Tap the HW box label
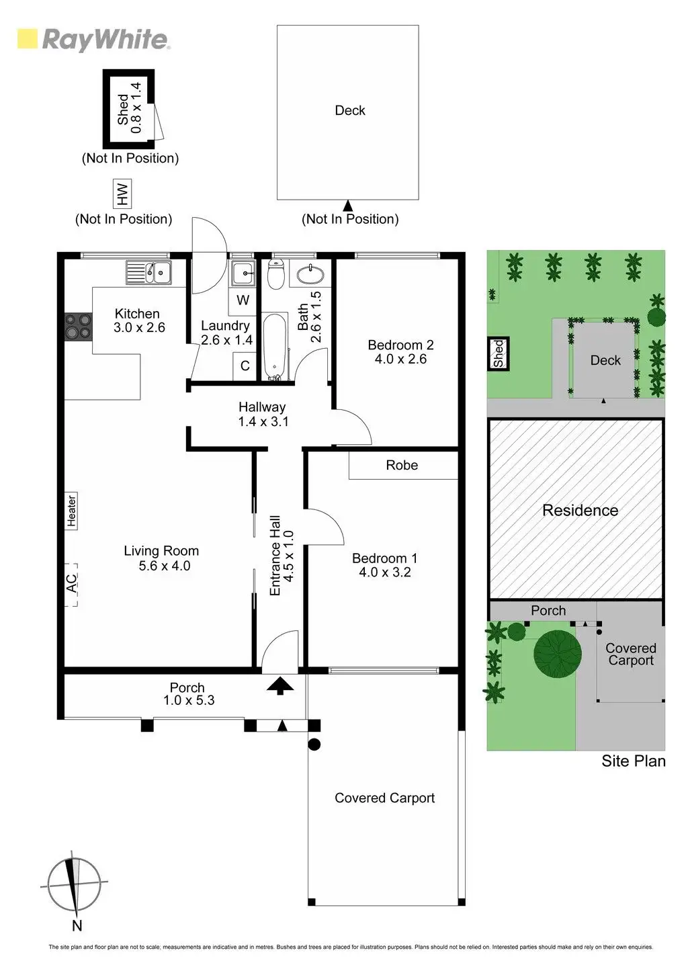(x=122, y=194)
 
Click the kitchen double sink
(x=149, y=273)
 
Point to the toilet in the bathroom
(x=275, y=273)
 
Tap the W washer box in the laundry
(x=243, y=300)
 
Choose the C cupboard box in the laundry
(x=245, y=366)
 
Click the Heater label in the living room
(x=71, y=511)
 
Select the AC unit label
(x=71, y=584)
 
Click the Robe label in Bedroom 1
(x=402, y=465)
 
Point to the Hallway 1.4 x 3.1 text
(x=262, y=415)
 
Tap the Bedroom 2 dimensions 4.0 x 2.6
(x=400, y=359)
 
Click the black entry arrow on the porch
(x=281, y=685)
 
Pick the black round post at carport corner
(x=314, y=744)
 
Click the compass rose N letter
(x=77, y=926)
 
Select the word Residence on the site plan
(x=580, y=510)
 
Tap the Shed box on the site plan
(x=499, y=353)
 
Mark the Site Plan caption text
(x=633, y=761)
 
